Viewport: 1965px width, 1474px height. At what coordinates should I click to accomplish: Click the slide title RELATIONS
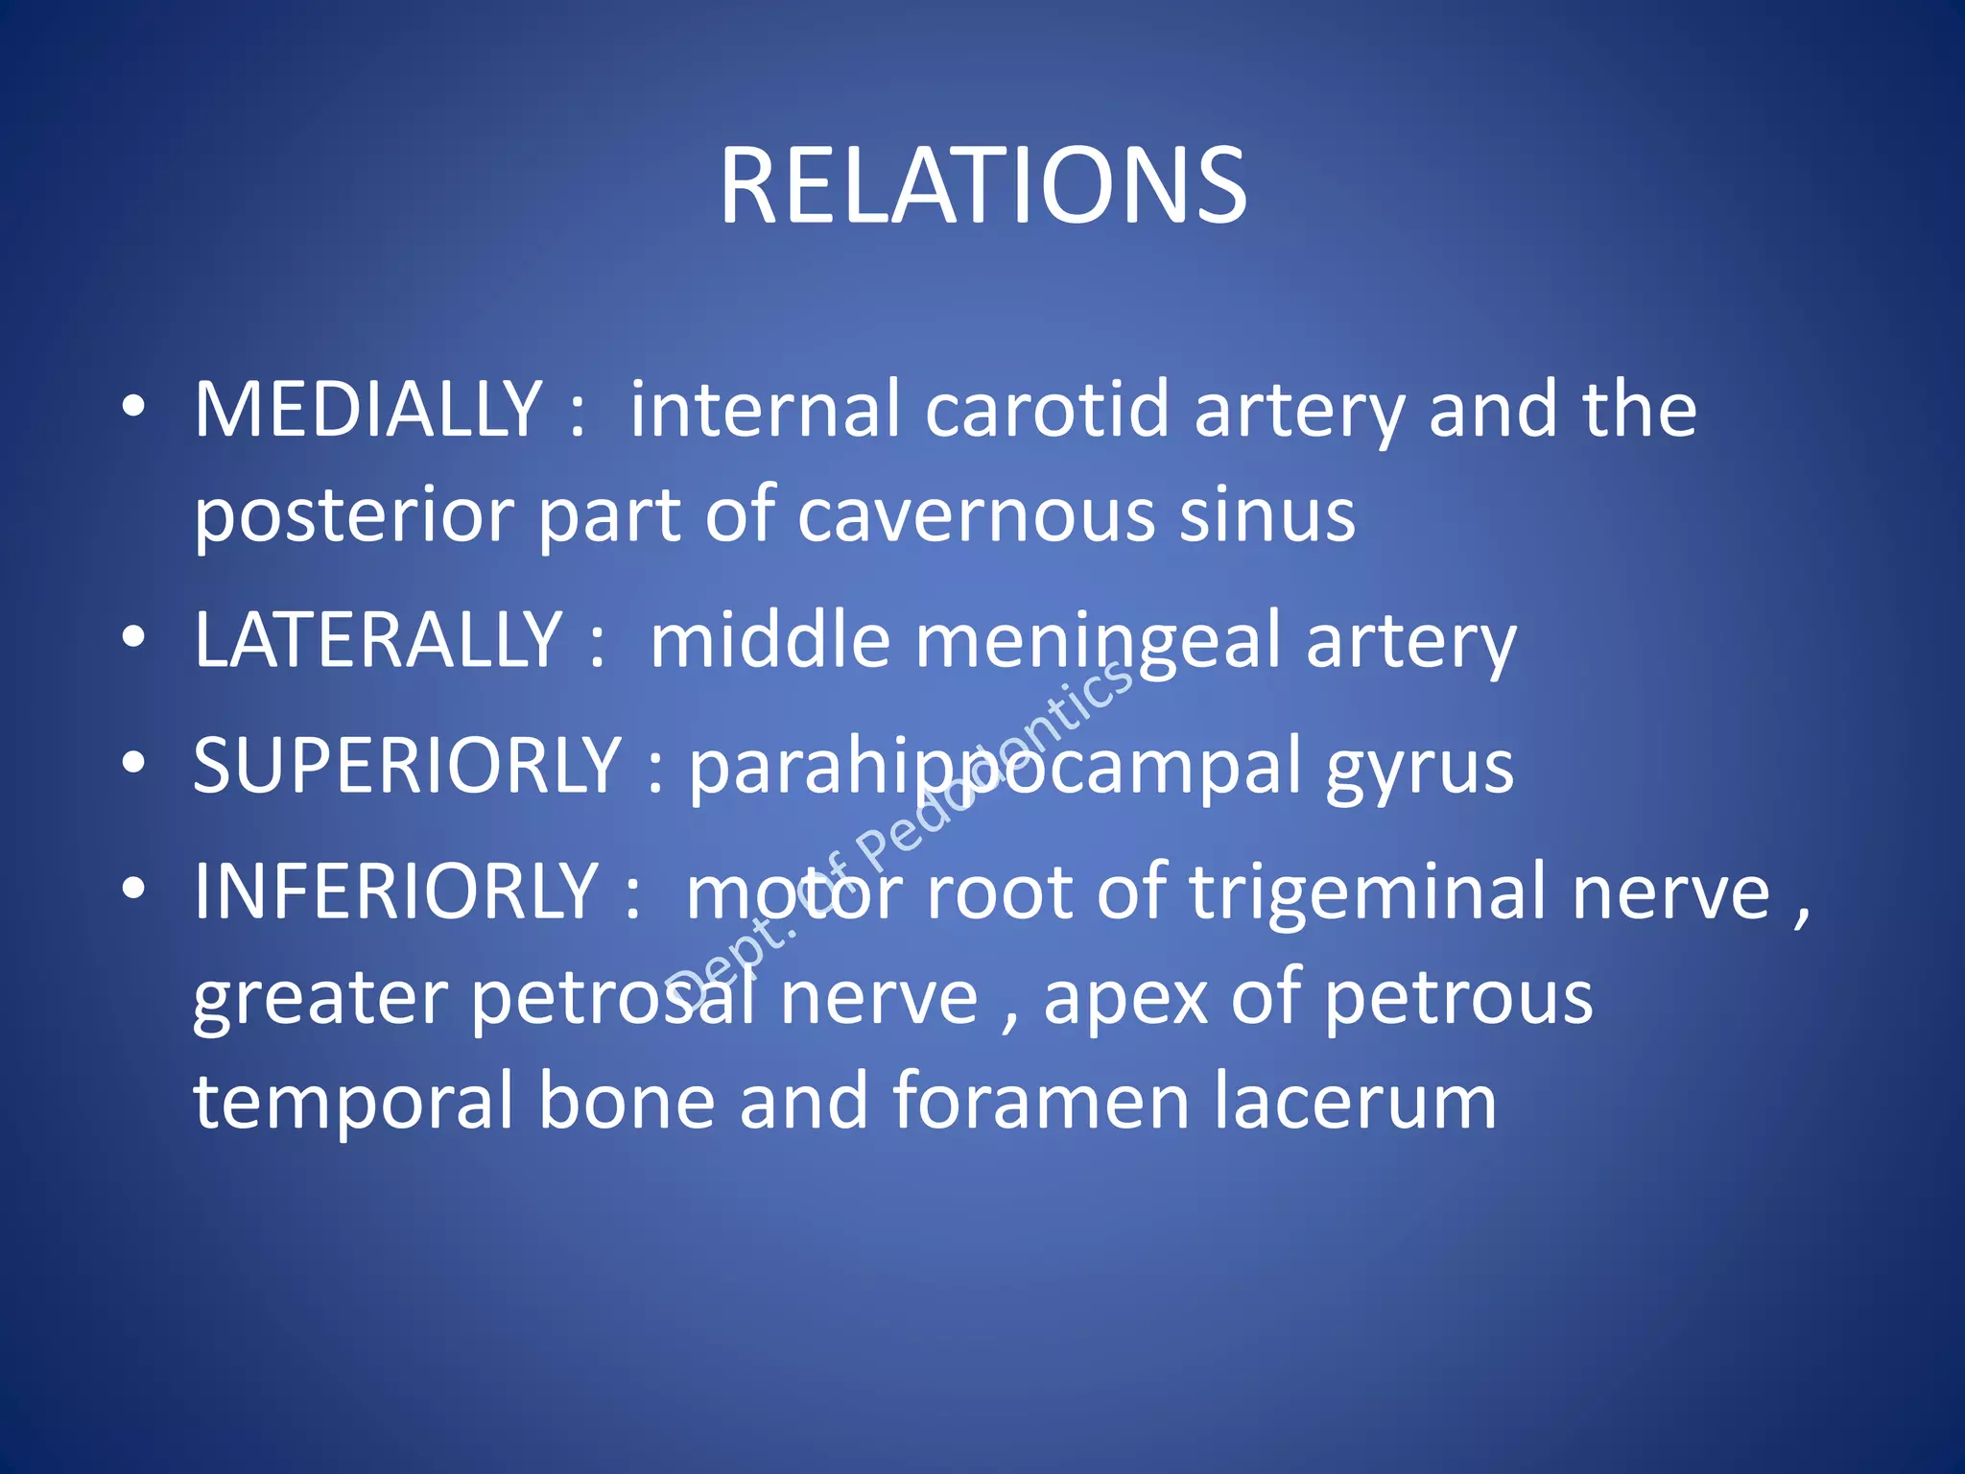[982, 186]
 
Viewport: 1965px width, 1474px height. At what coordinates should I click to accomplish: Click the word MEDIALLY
[368, 411]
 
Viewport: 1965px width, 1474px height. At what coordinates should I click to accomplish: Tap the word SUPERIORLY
[407, 766]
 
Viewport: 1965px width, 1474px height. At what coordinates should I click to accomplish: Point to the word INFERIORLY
[395, 892]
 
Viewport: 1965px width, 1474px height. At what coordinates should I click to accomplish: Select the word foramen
[1042, 1102]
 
